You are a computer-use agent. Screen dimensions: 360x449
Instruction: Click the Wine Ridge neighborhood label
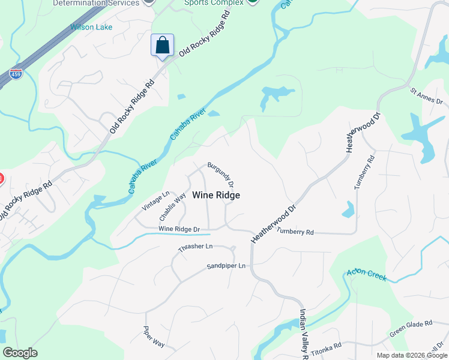(x=216, y=195)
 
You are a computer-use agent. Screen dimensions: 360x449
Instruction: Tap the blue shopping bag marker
(x=162, y=45)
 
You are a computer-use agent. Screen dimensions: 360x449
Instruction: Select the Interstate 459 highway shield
(x=16, y=74)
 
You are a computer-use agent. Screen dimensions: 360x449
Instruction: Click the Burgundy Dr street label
(x=220, y=174)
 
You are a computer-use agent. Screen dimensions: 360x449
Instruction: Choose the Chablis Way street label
(x=172, y=206)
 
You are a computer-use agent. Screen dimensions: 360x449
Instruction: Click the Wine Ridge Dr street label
(x=179, y=229)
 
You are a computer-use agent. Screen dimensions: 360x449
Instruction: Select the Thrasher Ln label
(x=195, y=247)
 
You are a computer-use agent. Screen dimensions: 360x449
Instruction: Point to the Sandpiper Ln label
(x=226, y=266)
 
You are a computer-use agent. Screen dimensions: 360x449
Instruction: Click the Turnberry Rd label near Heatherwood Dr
(x=295, y=232)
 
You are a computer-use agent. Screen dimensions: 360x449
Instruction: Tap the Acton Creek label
(x=367, y=275)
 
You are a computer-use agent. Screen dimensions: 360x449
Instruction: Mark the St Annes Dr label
(x=426, y=96)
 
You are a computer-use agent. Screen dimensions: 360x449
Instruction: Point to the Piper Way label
(x=154, y=336)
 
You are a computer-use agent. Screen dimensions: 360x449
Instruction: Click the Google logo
(x=20, y=353)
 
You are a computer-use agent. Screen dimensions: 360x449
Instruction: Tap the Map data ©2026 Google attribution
(x=411, y=355)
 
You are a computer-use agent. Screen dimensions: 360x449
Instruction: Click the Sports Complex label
(x=214, y=3)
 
